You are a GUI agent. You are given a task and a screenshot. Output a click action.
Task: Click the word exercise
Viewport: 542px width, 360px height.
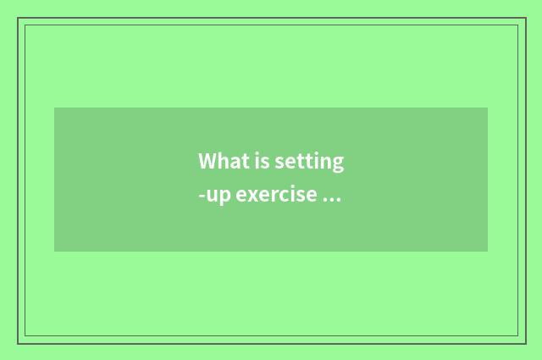click(x=276, y=196)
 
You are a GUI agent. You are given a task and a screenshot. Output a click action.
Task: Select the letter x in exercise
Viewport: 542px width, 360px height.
click(x=252, y=197)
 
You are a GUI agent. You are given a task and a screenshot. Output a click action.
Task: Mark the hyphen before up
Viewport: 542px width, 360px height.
click(x=202, y=197)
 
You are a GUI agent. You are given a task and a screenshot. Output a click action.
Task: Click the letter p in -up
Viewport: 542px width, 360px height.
click(x=224, y=198)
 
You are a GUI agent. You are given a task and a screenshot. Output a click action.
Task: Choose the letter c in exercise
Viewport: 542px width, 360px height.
click(x=280, y=197)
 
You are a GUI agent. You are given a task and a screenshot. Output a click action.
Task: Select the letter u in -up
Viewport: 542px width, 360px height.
click(x=212, y=197)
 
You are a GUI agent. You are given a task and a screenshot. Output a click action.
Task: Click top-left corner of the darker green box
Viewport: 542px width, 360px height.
click(x=54, y=108)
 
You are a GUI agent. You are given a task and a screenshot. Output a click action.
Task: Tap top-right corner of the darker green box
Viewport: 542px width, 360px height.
click(x=488, y=108)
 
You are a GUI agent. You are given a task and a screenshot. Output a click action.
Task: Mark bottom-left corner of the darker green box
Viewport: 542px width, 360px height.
click(x=54, y=252)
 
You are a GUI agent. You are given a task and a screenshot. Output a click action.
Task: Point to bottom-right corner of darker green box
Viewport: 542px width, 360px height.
click(x=488, y=252)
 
